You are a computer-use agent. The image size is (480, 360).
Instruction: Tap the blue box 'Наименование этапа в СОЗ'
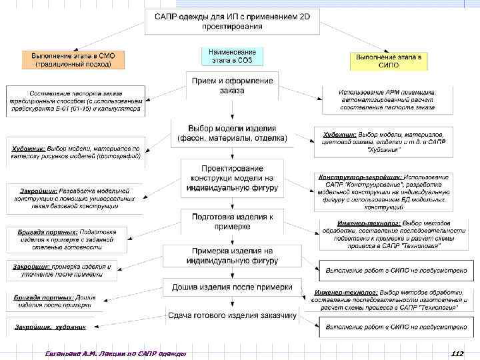coord(229,55)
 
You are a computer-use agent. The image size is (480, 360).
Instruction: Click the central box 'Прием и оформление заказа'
coord(231,85)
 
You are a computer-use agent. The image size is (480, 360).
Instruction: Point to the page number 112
coord(457,353)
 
